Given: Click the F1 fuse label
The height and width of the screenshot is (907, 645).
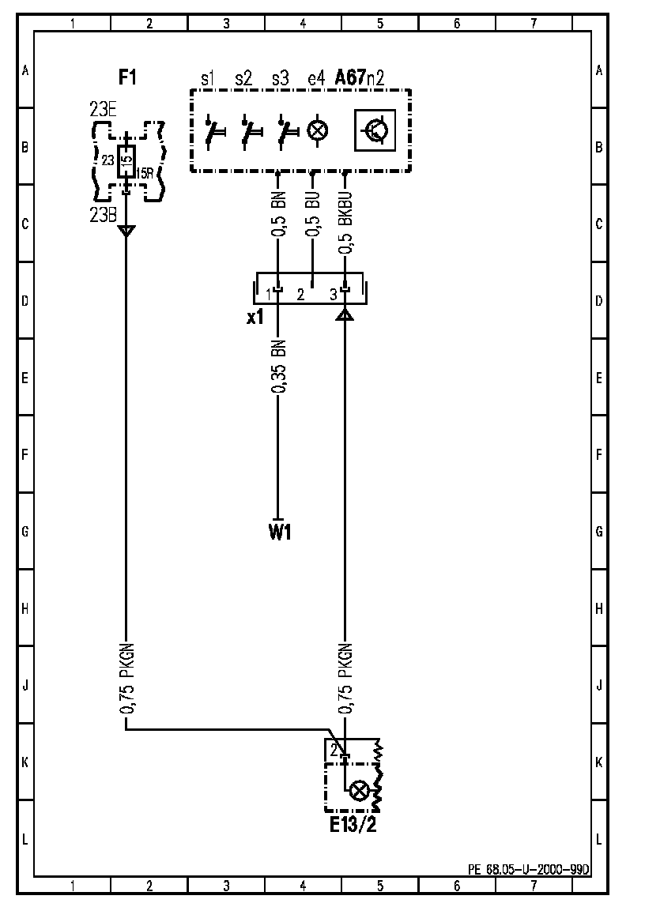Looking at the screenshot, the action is (x=127, y=77).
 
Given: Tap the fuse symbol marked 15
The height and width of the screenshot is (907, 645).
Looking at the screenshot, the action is (x=126, y=160).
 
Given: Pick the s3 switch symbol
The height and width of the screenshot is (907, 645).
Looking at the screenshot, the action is (x=285, y=131).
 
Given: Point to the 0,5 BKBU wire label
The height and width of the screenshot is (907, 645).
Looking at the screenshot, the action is (x=345, y=222).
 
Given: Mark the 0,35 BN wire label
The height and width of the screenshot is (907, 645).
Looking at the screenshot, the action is (x=278, y=368).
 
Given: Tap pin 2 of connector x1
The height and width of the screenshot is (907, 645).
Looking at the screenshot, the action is (x=300, y=295).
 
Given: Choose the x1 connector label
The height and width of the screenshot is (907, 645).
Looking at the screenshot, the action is (x=255, y=318).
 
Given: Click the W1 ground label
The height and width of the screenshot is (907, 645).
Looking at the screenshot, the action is (x=280, y=533).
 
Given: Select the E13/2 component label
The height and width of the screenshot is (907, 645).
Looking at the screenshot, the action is (x=353, y=826).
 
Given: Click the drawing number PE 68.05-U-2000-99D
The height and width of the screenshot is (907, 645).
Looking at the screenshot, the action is (x=529, y=869).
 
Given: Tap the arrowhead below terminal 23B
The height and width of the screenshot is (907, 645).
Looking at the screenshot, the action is (x=126, y=231).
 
